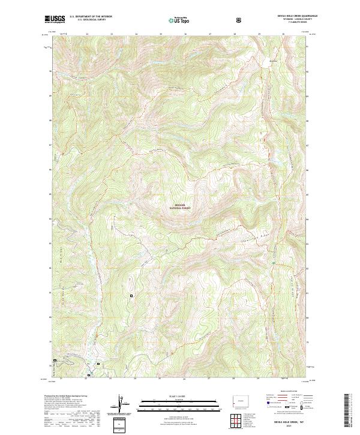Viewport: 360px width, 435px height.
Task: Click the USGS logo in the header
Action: (x=55, y=19)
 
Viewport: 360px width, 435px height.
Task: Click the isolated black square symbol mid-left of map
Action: (x=131, y=295)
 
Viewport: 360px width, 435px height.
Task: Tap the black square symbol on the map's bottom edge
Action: (x=88, y=376)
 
